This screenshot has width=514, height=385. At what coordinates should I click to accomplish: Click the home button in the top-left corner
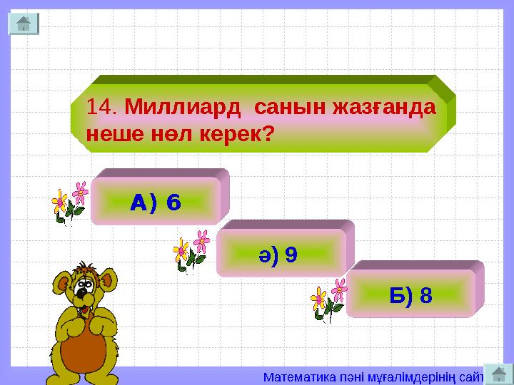coord(24,24)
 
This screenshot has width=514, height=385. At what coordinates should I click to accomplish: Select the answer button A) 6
coord(156,202)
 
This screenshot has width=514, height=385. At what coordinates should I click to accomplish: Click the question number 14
coord(101,108)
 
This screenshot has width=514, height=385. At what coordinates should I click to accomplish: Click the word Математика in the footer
coord(293,375)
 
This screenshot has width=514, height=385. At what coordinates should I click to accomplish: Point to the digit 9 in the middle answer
coord(291,255)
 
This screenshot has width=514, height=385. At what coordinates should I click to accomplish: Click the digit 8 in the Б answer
coord(425,294)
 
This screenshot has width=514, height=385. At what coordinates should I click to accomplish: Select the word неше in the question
coord(108,133)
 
